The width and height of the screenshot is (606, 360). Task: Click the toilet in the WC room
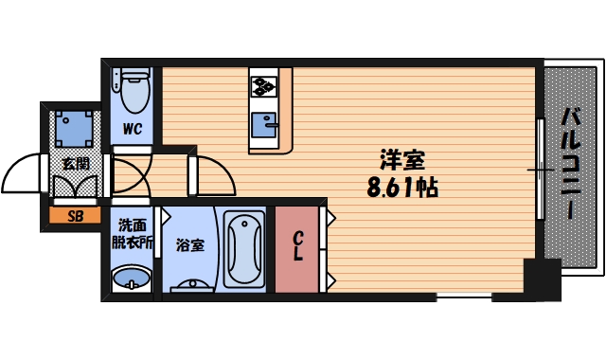pyautogui.click(x=133, y=90)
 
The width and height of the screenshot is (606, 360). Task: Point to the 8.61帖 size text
pyautogui.click(x=402, y=187)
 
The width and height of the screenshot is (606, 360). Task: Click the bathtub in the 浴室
pyautogui.click(x=244, y=247)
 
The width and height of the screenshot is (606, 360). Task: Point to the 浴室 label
pyautogui.click(x=189, y=245)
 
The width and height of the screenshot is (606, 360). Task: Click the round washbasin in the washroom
pyautogui.click(x=131, y=279)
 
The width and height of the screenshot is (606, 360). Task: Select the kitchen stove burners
pyautogui.click(x=262, y=86)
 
